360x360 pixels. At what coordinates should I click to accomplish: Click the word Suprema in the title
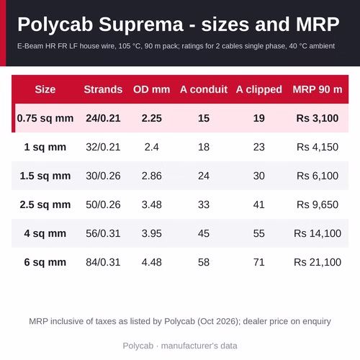[141, 25]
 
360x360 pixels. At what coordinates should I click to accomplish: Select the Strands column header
[103, 89]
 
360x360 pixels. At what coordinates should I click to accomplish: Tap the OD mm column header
[152, 89]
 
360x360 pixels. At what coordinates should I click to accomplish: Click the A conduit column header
[204, 89]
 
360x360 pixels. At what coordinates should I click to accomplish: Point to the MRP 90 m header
[318, 89]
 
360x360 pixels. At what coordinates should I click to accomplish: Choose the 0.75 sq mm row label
[45, 118]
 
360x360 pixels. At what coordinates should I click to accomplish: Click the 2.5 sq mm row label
[45, 204]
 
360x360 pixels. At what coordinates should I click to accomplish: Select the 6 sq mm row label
[45, 262]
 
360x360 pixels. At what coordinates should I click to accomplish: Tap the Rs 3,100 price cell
[318, 118]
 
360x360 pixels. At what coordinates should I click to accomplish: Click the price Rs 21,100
[318, 262]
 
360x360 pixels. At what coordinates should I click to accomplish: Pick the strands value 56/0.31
[103, 233]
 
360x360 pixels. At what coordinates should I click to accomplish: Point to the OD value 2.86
[152, 176]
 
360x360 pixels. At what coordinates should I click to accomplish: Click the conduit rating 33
[204, 204]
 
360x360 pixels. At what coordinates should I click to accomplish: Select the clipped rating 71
[259, 262]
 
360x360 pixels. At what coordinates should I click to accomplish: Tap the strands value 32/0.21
[103, 147]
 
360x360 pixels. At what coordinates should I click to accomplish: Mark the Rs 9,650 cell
[318, 204]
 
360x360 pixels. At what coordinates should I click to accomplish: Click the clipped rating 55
[259, 233]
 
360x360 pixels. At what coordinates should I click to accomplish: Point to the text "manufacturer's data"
[199, 346]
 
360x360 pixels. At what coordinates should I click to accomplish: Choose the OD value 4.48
[152, 262]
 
